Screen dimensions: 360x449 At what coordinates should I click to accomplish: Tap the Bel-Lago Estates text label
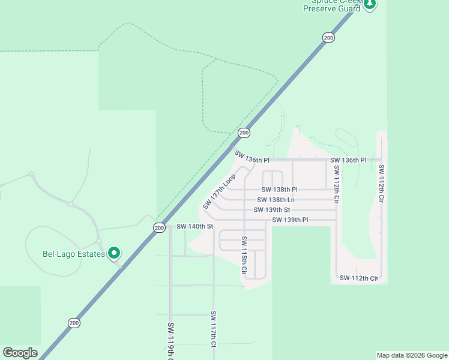(x=74, y=254)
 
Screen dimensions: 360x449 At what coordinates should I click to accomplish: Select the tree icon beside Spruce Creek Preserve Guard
(x=370, y=4)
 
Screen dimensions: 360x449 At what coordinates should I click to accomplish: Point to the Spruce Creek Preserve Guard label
(x=332, y=5)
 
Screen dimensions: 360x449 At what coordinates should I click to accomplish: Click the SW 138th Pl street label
(x=279, y=190)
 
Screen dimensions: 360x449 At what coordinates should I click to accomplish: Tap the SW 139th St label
(x=271, y=210)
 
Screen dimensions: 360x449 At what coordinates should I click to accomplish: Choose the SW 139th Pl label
(x=289, y=220)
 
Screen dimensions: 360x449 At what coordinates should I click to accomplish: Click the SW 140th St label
(x=194, y=227)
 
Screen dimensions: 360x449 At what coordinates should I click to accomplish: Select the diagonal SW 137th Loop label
(x=218, y=191)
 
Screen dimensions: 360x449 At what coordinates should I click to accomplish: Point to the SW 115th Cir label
(x=244, y=255)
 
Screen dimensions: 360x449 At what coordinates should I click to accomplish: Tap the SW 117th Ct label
(x=213, y=329)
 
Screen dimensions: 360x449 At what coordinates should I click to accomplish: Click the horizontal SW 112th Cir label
(x=358, y=278)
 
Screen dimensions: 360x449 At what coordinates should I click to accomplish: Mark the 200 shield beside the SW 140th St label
(x=158, y=227)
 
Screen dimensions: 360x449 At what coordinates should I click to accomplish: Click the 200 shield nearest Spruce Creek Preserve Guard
(x=328, y=38)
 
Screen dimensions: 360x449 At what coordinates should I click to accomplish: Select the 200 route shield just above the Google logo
(x=74, y=323)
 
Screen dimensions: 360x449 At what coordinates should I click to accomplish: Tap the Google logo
(x=20, y=353)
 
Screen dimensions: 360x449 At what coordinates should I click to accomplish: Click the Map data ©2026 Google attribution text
(x=411, y=355)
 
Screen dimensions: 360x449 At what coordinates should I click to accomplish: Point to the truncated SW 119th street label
(x=171, y=342)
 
